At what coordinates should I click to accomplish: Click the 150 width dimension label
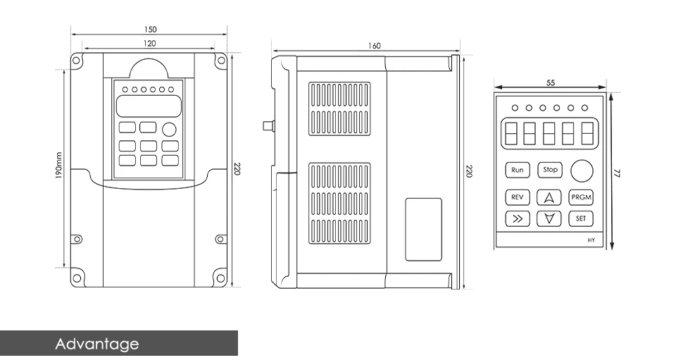(x=150, y=30)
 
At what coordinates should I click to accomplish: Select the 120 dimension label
(x=149, y=43)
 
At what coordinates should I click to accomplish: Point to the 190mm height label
(x=59, y=166)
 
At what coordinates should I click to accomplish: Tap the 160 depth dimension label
(x=374, y=46)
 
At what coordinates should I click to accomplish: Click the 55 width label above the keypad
(x=551, y=82)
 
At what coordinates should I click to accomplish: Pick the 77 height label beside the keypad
(x=617, y=173)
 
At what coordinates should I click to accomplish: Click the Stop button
(x=550, y=170)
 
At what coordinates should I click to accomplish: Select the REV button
(x=518, y=197)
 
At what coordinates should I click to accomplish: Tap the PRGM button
(x=581, y=197)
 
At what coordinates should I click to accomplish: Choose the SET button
(x=581, y=218)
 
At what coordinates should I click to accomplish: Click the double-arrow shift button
(x=518, y=218)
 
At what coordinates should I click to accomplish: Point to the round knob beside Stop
(x=582, y=170)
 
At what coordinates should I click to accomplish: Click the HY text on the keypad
(x=591, y=240)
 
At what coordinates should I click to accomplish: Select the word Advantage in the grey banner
(x=97, y=344)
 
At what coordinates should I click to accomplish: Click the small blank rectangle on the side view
(x=423, y=230)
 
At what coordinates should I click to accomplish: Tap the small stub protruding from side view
(x=268, y=125)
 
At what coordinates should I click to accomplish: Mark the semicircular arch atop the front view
(x=149, y=68)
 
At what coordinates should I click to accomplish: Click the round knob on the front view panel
(x=170, y=130)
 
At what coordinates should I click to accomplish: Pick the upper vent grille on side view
(x=339, y=108)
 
